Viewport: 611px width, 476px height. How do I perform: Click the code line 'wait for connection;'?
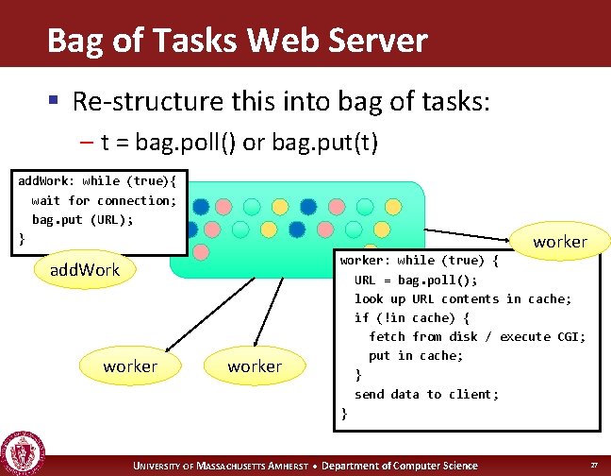point(104,200)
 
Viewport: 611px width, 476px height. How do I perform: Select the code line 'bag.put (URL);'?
point(83,219)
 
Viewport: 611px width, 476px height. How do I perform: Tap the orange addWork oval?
point(85,270)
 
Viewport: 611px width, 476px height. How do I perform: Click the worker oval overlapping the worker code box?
point(559,242)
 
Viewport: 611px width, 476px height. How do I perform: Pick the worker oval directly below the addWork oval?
point(130,365)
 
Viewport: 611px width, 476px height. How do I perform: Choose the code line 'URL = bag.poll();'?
point(416,280)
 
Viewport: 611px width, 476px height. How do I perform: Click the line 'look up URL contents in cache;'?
point(463,298)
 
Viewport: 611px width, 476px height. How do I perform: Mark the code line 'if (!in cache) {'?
point(411,317)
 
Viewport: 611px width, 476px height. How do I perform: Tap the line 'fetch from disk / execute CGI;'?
point(477,336)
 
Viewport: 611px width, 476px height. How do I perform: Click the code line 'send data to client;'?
point(426,394)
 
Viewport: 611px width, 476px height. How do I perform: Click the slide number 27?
point(593,466)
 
